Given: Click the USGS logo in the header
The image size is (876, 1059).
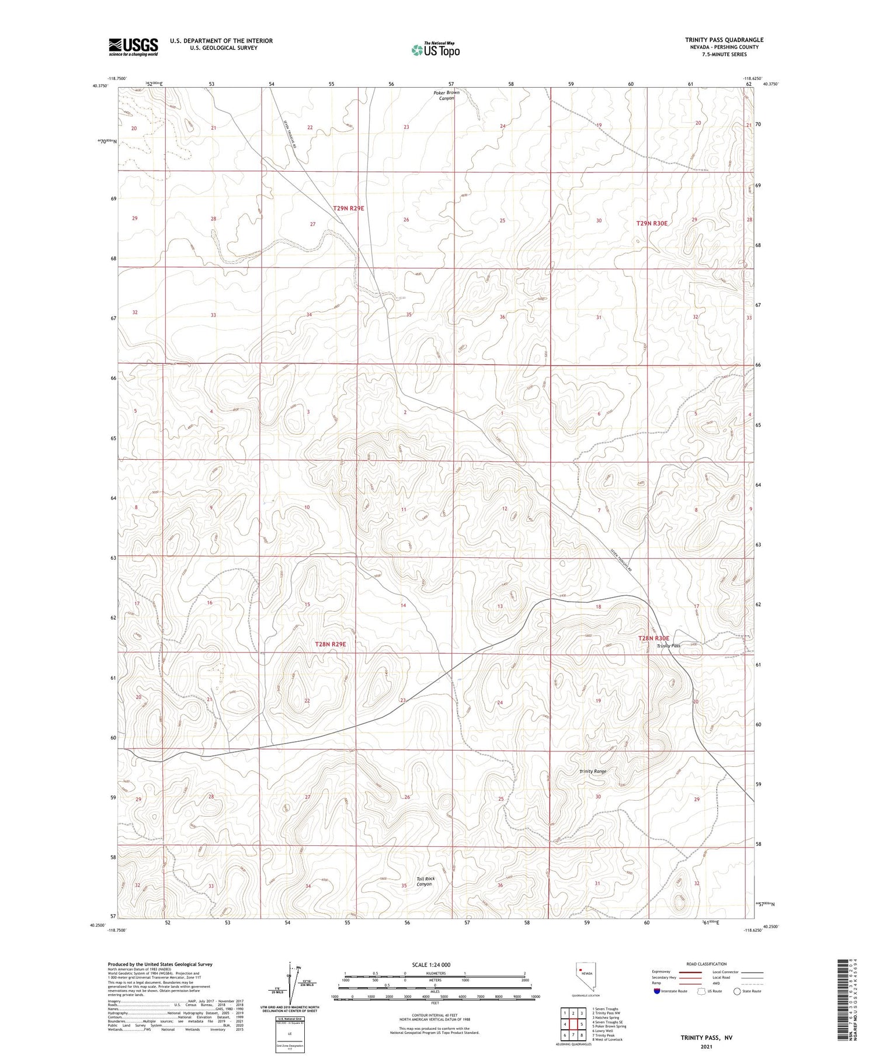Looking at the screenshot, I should coord(133,47).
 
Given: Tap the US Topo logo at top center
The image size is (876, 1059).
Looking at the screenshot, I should coord(435,50).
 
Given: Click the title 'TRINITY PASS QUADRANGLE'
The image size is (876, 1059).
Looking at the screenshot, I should coord(724,40).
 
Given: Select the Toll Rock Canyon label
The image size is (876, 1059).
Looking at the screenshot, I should coord(425,881).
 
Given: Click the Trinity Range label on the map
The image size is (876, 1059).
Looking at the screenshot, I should coord(592,771).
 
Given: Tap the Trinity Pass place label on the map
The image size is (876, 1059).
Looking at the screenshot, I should coord(668,645).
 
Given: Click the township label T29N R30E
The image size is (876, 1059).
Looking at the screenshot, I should coord(652,223).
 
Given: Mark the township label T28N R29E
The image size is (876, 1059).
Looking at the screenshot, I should coord(331,644).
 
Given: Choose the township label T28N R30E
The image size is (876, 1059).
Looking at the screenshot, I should coord(653,638).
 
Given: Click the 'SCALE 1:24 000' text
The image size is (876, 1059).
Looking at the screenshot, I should coord(430,964).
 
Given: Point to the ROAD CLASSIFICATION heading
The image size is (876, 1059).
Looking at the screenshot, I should coord(707,964).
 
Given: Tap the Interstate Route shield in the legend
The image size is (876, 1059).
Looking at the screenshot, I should coord(658,991).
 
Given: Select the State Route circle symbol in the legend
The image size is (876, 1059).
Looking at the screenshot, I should coord(737,991).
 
